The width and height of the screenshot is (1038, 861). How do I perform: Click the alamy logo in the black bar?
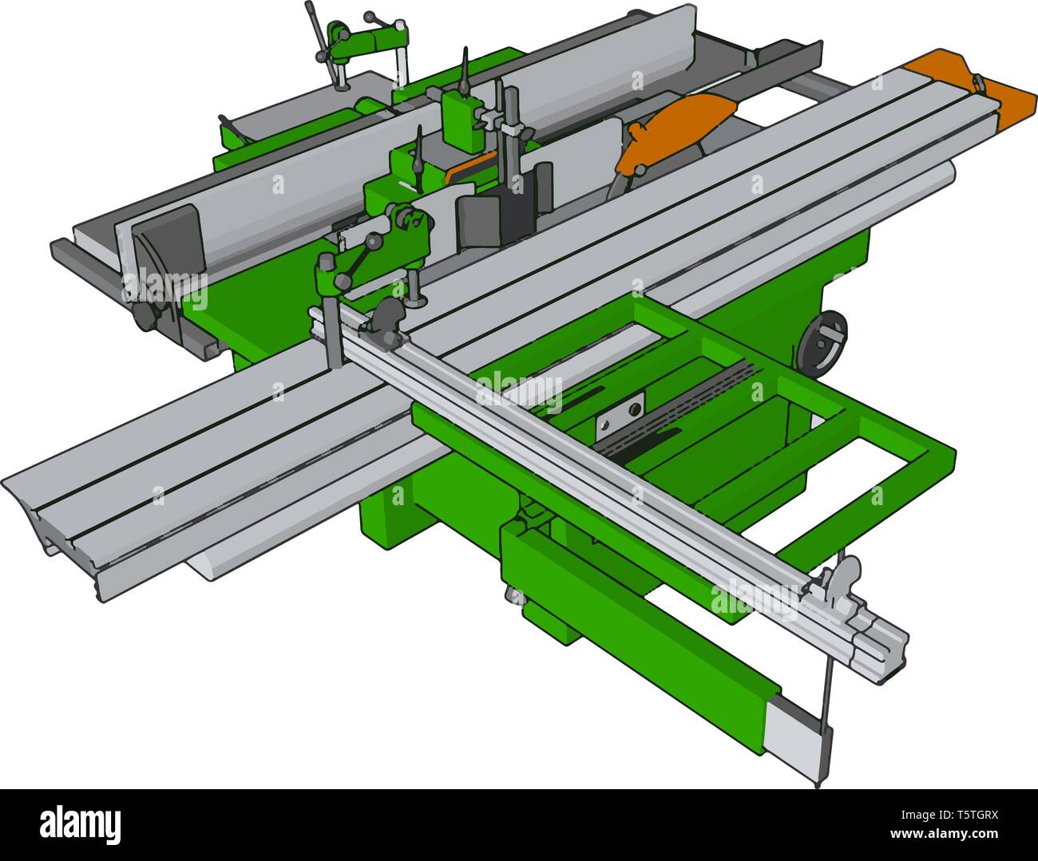click(x=81, y=823)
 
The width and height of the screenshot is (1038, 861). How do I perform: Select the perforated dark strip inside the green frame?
click(x=679, y=407)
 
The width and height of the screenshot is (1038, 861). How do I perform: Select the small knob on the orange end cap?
click(x=976, y=83)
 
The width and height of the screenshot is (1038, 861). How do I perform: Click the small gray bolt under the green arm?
click(x=511, y=594)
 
